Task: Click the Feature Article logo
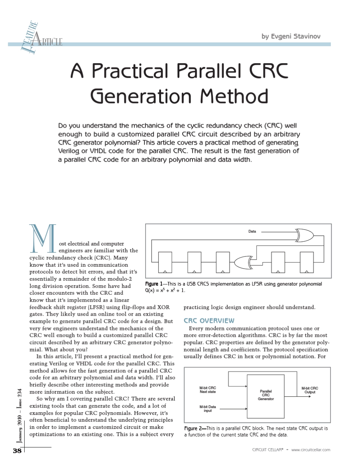41,38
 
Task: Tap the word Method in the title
234,96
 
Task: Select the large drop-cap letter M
42,238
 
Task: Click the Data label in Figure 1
252,231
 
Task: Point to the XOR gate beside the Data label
304,235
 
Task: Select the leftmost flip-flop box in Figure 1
165,262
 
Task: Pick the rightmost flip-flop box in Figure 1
307,262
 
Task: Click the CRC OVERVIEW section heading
209,321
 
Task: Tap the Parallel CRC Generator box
266,396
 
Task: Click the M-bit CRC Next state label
208,389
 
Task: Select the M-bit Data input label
208,408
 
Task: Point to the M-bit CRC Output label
310,390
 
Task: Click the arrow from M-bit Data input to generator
233,409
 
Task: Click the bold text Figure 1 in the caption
154,284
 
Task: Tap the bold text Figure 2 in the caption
193,428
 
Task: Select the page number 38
17,450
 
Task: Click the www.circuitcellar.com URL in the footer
311,450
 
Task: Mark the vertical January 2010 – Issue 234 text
19,416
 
